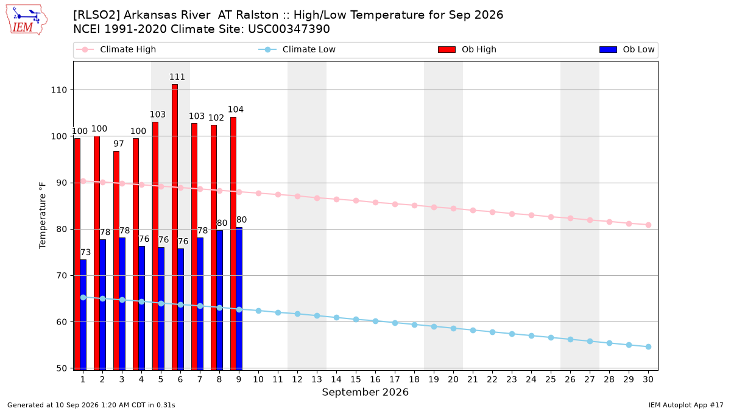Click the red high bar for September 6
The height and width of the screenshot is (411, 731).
pos(175,227)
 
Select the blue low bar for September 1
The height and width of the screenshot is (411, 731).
pos(83,315)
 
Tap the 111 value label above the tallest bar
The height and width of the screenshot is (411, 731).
pos(177,77)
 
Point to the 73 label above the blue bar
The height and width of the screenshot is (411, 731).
pos(85,252)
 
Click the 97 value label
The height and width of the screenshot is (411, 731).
pos(119,144)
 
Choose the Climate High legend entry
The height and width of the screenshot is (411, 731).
pos(116,49)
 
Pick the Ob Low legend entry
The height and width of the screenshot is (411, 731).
pos(627,49)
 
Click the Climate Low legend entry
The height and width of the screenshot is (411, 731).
pos(297,49)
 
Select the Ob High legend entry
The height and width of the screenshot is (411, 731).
pos(467,49)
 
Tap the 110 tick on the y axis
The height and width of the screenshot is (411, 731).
pos(58,90)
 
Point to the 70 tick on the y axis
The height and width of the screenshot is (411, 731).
pos(62,276)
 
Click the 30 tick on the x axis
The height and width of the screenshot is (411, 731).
pos(648,379)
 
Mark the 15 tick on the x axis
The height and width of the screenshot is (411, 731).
pos(356,379)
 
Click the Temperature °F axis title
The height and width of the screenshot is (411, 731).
pos(43,216)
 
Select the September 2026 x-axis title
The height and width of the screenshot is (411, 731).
pos(365,392)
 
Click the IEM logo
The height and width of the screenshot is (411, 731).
pos(26,20)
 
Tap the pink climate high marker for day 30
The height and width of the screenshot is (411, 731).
pos(648,225)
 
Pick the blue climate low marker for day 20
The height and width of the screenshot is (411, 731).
pos(453,328)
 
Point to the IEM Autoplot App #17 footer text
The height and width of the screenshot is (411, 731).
pos(686,405)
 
